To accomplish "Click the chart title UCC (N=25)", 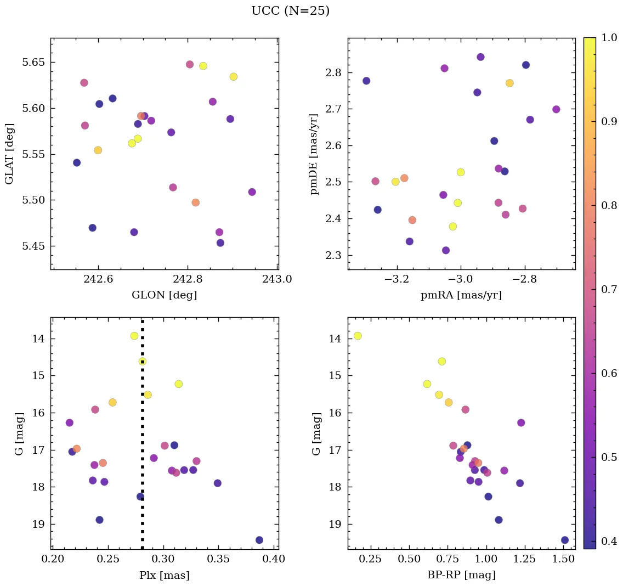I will point(290,11).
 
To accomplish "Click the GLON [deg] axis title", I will point(164,295).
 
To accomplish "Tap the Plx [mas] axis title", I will point(164,575).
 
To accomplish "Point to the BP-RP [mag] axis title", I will point(461,575).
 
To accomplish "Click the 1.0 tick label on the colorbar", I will point(609,38).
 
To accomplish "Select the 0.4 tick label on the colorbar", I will point(609,542).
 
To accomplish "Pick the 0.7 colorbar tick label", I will point(609,290).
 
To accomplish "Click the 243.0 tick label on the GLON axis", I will point(277,279).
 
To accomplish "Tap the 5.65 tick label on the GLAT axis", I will point(34,63).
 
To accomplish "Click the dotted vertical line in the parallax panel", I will point(143,428).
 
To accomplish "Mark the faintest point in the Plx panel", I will point(259,540).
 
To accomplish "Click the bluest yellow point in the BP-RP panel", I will point(358,336).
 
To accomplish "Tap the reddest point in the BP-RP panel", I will point(565,540).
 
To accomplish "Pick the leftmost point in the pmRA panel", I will point(366,81).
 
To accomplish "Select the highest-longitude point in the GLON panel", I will point(252,192).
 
